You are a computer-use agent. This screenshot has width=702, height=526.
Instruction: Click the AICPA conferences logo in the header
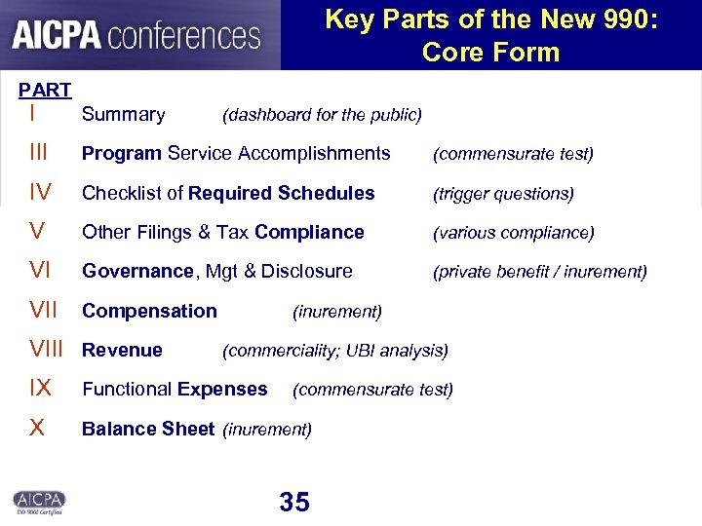[136, 36]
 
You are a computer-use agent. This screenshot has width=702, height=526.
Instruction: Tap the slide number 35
[293, 502]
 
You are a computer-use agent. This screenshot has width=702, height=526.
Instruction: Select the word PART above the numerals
[45, 91]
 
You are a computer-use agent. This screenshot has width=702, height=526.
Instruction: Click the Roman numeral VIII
[46, 350]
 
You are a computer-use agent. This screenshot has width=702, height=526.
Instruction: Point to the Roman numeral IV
[41, 193]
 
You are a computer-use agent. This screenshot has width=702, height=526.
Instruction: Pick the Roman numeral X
[37, 428]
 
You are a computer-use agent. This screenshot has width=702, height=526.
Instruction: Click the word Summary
[123, 115]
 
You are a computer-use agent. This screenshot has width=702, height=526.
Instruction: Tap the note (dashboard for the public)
[322, 116]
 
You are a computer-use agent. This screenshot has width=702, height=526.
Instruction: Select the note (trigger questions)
[503, 194]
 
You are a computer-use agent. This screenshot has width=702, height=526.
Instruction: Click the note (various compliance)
[513, 233]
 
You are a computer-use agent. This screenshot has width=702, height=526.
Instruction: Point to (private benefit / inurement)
[539, 272]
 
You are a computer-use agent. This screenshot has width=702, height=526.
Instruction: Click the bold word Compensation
[149, 311]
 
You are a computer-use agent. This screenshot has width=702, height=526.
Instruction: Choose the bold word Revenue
[122, 350]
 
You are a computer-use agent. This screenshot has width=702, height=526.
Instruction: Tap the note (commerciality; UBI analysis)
[335, 350]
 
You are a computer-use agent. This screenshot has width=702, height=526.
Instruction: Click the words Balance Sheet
[148, 428]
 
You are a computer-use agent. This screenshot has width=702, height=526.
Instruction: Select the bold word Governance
[136, 271]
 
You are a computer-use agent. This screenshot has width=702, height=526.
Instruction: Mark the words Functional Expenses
[175, 389]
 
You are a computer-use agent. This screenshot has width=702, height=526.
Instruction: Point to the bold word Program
[122, 154]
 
